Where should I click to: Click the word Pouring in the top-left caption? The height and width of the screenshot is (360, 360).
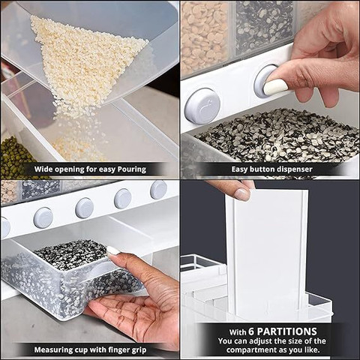132,169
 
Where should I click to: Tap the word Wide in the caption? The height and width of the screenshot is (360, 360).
43,169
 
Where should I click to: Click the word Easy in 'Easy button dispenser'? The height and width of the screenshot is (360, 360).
239,169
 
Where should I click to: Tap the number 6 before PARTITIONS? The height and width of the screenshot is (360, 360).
251,331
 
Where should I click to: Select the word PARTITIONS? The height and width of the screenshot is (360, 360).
287,331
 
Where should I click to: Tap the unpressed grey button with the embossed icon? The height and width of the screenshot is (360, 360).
202,106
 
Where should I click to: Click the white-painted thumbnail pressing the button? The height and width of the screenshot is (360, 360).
276,86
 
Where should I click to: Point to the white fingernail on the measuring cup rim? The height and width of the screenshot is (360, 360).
113,250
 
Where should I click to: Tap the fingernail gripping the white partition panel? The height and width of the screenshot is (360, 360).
241,195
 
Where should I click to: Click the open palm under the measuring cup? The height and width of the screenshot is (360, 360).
130,313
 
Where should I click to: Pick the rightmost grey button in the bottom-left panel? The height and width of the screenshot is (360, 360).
158,190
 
